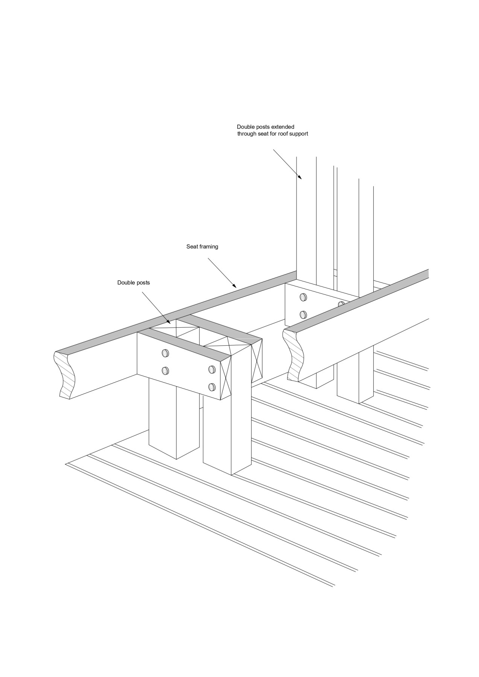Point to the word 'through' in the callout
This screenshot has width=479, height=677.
tap(247, 134)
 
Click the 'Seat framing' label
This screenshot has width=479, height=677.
tap(202, 247)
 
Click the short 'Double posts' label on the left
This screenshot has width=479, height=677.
tap(133, 282)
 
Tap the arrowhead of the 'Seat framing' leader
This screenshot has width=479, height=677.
tap(234, 286)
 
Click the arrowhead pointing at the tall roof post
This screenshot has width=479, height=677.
tap(300, 177)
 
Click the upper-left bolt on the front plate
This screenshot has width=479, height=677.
tap(165, 353)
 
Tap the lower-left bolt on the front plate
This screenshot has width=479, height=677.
tap(165, 371)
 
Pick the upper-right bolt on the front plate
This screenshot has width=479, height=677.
tap(212, 369)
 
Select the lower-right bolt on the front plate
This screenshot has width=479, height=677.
tap(212, 387)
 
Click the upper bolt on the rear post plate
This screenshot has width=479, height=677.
tap(303, 298)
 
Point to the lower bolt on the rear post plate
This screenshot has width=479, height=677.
tap(303, 314)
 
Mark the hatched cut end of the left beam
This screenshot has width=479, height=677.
tap(65, 375)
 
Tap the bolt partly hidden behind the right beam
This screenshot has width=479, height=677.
tap(341, 304)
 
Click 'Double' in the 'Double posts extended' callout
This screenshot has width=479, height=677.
tap(245, 127)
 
